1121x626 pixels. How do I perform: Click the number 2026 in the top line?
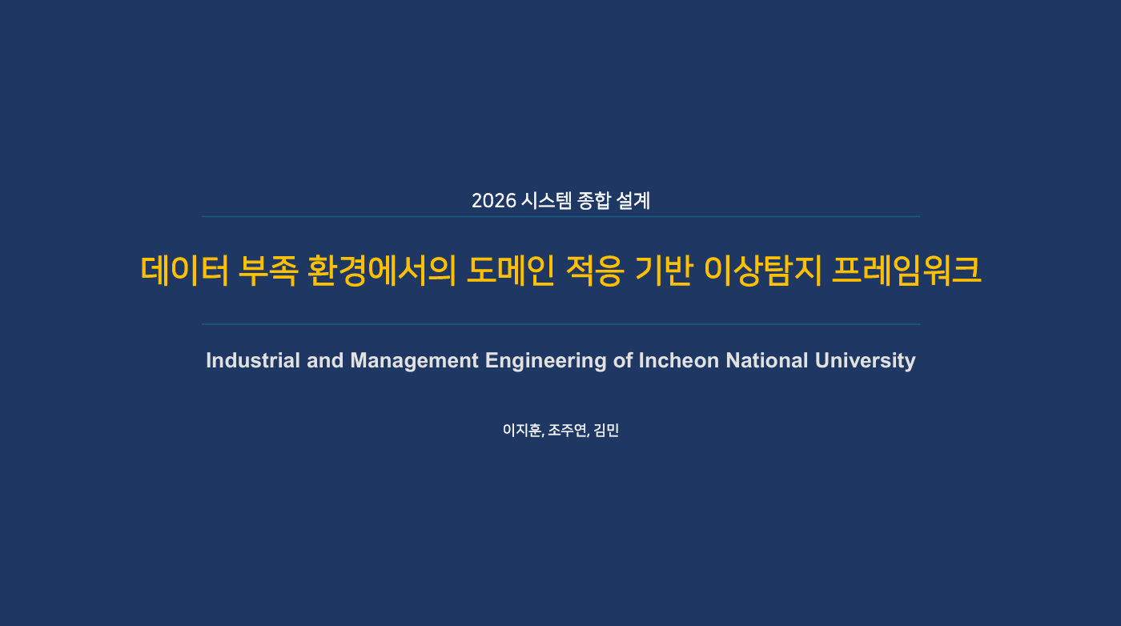point(493,201)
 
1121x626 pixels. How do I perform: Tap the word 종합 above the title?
point(593,201)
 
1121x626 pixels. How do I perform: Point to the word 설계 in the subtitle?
point(633,201)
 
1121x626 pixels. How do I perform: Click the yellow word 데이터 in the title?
point(185,271)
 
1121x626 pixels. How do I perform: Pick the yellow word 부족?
point(268,271)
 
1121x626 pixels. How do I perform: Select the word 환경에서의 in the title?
point(382,271)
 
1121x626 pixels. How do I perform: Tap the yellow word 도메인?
point(511,271)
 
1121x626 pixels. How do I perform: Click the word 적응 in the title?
point(595,271)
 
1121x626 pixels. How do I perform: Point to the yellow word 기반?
point(664,271)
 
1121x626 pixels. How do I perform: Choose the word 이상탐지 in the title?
point(762,271)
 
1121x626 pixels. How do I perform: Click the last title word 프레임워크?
point(906,271)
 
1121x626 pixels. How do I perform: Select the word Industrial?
point(253,360)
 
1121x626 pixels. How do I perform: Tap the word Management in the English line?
point(415,361)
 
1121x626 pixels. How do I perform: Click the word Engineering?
point(546,361)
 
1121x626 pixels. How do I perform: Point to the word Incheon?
point(679,360)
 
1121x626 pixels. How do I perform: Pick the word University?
point(866,361)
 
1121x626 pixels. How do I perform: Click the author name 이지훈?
point(522,431)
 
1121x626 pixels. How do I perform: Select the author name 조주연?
point(567,431)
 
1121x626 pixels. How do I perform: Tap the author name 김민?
point(606,431)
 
